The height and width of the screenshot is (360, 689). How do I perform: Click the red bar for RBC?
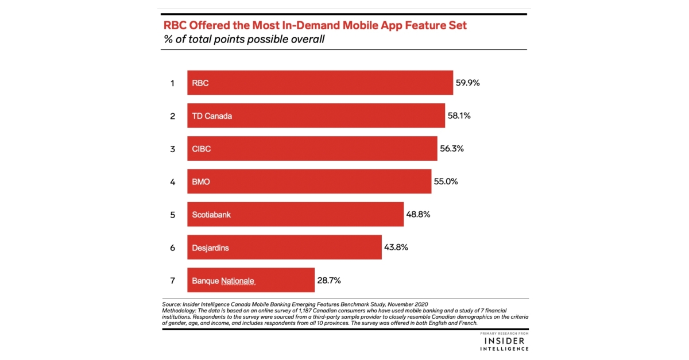(x=320, y=83)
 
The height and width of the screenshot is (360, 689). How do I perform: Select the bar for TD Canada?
(x=316, y=115)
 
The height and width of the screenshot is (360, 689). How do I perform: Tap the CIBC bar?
(x=312, y=149)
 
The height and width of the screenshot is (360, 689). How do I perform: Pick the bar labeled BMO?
(x=309, y=181)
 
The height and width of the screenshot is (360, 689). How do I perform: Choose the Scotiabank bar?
(x=295, y=214)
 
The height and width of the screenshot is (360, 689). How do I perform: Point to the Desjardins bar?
(x=284, y=247)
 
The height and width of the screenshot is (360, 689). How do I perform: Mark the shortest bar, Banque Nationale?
(x=250, y=280)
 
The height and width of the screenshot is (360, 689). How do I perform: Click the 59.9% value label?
(x=467, y=83)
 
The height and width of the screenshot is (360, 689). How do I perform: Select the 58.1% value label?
(x=459, y=115)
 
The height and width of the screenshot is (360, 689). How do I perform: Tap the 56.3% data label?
(x=451, y=149)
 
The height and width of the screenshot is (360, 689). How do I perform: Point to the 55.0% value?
(x=446, y=181)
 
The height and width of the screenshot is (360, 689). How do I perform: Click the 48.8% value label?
(x=418, y=214)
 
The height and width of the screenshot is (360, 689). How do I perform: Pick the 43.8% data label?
(x=396, y=247)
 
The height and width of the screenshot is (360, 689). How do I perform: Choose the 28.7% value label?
(x=329, y=280)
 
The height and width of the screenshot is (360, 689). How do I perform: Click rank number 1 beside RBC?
(x=172, y=83)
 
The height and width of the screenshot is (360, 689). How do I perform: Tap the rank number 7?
(x=172, y=281)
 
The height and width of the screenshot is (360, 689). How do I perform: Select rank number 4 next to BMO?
(x=172, y=182)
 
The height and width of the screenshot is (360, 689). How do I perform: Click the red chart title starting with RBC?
(x=315, y=25)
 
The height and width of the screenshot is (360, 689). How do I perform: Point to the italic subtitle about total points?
(x=244, y=40)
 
